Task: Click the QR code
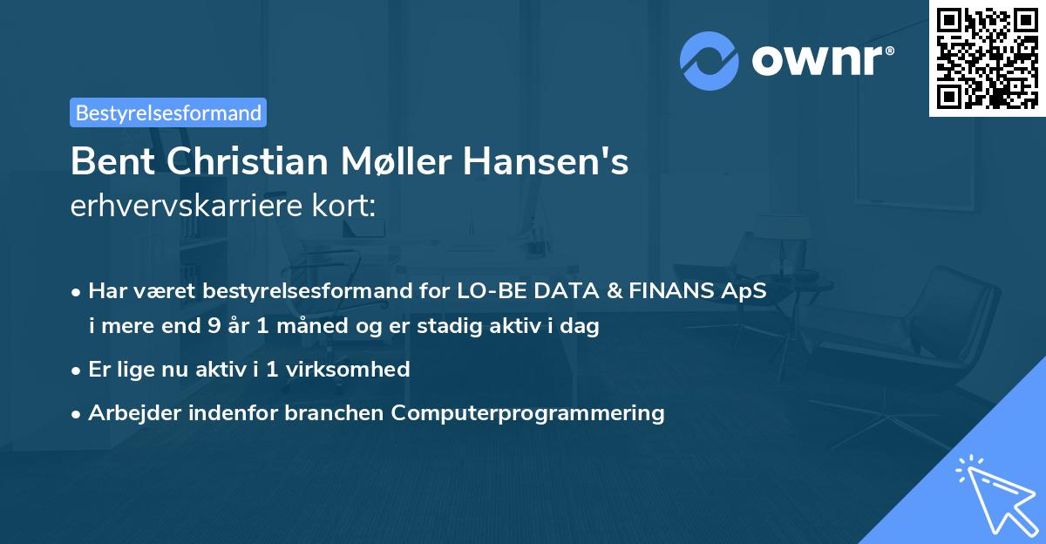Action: tap(988, 58)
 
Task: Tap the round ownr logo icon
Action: tap(710, 60)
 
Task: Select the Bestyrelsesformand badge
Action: tap(168, 112)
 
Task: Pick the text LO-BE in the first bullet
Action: tap(486, 292)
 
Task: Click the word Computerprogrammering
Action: tap(527, 412)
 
